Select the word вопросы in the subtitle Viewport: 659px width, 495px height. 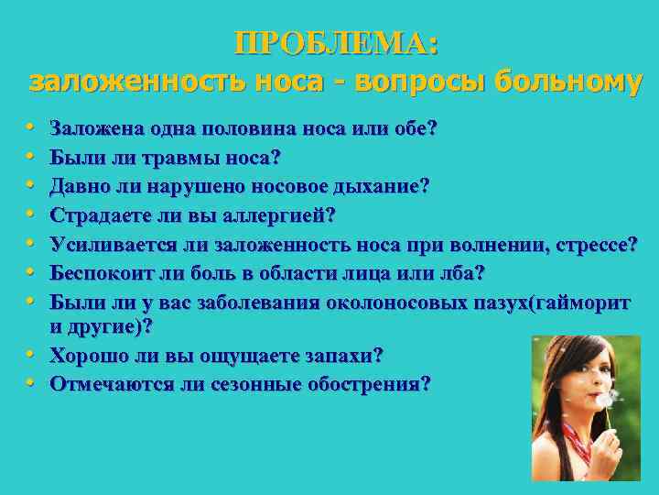point(416,82)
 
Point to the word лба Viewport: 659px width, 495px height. point(463,273)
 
